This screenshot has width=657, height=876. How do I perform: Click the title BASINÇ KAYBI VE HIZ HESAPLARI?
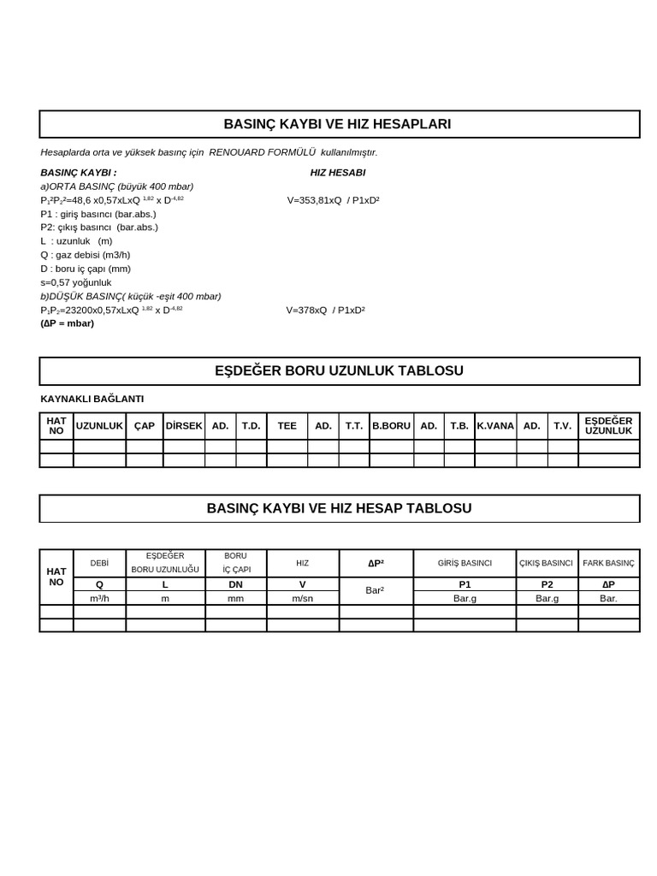point(337,124)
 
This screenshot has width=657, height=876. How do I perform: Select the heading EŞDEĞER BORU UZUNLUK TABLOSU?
point(339,370)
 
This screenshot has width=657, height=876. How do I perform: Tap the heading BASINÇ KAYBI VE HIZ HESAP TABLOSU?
point(339,508)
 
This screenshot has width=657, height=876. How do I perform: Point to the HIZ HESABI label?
point(337,173)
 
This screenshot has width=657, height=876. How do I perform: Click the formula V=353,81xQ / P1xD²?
point(333,200)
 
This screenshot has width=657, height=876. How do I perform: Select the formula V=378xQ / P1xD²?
point(325,310)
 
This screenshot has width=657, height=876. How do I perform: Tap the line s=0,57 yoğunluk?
point(75,282)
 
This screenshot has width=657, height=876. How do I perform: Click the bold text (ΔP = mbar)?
point(67,323)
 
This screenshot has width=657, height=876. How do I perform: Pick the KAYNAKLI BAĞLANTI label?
point(92,399)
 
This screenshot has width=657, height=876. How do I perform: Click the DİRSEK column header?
point(183,426)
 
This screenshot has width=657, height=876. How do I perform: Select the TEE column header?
point(287,426)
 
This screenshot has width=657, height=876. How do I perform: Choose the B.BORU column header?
point(391,426)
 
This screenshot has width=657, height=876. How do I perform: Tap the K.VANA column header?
point(495,426)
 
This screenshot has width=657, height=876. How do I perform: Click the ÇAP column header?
point(144,426)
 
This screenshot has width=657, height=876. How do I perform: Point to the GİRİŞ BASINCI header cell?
point(465,563)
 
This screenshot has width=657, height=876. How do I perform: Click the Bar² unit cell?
point(376,590)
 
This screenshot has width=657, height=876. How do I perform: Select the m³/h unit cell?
point(99,598)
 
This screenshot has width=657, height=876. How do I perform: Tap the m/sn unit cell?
point(302,598)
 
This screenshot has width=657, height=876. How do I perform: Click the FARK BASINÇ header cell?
point(608,563)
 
